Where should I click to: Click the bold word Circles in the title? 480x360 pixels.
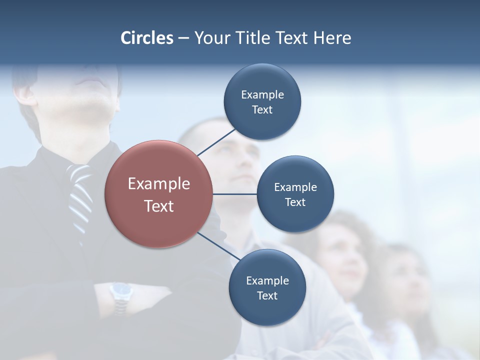147,38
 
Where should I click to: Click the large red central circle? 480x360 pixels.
159,194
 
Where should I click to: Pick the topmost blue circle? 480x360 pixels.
262,102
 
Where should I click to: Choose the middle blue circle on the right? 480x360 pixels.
295,194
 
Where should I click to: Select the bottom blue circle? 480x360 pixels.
267,288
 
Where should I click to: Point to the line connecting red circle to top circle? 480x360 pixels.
216,141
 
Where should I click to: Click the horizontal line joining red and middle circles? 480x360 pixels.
235,194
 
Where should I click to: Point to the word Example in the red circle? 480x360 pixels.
159,184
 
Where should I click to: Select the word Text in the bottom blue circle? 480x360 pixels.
267,296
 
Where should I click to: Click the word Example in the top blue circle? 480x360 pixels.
262,95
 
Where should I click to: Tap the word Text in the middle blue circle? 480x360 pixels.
295,202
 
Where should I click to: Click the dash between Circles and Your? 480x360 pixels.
183,38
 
